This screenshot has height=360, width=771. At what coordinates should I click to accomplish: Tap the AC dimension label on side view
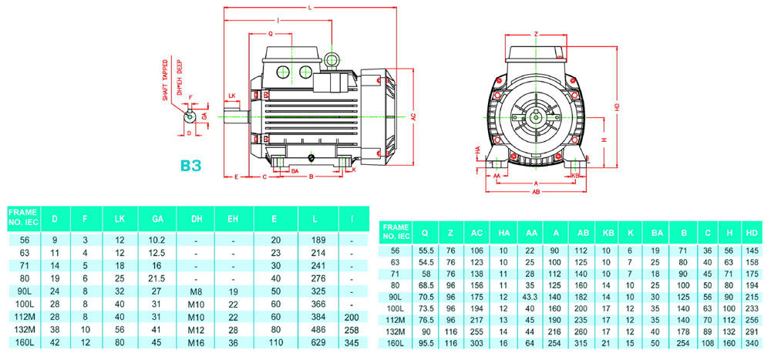pos(413,116)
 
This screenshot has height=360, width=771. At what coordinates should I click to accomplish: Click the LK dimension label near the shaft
pos(231,97)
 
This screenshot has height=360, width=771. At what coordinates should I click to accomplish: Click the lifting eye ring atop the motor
pos(332,59)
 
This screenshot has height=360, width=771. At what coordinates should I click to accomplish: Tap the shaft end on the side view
pos(235,117)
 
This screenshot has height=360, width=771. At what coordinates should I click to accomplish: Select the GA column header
pos(157,217)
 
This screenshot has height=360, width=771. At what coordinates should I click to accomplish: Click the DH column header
pos(195,217)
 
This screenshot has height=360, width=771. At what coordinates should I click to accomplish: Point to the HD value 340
pos(752,343)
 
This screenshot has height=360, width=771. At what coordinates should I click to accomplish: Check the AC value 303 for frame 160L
pos(477,343)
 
